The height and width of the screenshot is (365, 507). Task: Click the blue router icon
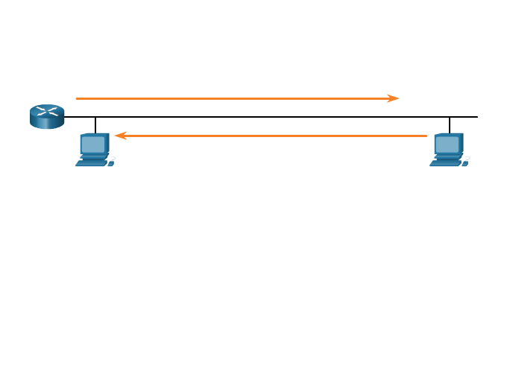coord(47,116)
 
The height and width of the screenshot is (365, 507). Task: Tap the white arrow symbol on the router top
coord(47,111)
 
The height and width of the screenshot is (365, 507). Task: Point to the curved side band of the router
coord(47,123)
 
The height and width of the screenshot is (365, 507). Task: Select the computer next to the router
coord(95,149)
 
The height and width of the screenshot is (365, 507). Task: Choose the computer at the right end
coord(449,149)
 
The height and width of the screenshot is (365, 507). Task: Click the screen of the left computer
coord(93,144)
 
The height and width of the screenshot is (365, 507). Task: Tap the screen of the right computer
coord(447,144)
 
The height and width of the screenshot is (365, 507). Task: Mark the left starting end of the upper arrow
coord(77,98)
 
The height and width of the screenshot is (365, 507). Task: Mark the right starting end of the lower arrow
coord(426,136)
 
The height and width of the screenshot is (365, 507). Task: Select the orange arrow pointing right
coord(237,98)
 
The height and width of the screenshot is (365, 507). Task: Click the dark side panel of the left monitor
coord(107,143)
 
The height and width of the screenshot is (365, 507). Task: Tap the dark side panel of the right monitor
coord(462,143)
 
